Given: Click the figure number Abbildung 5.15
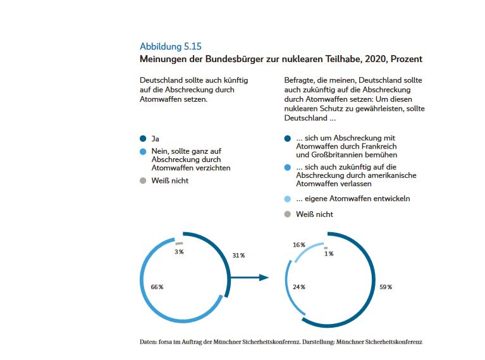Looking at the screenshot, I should tap(170, 46).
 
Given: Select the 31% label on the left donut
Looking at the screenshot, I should tap(238, 255).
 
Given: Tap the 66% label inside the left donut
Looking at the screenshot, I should tap(157, 287).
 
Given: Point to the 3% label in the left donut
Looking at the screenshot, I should tap(179, 252).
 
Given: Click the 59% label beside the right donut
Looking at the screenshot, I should tap(385, 287).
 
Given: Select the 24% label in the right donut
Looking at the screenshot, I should tap(298, 287).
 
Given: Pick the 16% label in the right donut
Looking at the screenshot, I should tap(298, 245).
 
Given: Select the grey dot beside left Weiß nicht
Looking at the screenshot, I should tap(143, 180).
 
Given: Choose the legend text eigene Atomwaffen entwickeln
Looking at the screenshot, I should tap(353, 199).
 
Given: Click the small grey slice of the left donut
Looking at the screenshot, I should tap(179, 243).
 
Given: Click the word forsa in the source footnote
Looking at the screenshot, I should tap(167, 342).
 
